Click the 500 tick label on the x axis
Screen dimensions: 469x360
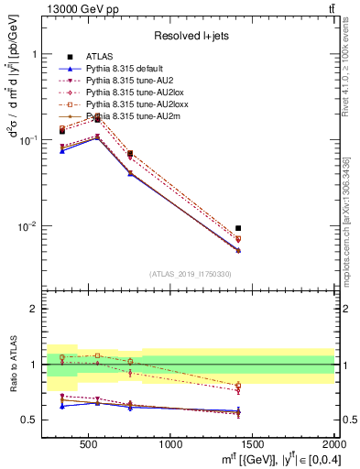[x=89, y=444]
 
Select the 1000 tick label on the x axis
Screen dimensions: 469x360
[x=170, y=444]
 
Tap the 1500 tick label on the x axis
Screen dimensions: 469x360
[x=252, y=444]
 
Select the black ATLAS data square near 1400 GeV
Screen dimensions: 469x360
[x=238, y=228]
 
